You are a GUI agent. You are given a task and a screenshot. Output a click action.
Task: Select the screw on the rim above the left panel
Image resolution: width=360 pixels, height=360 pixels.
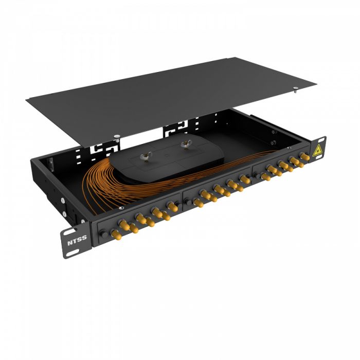point(121,208)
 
